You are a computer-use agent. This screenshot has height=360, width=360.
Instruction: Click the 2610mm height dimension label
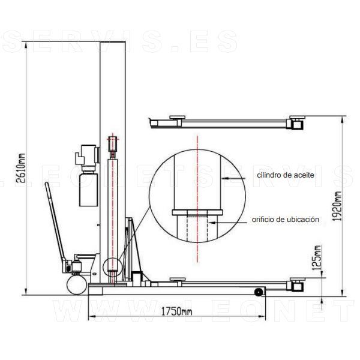[x=20, y=168]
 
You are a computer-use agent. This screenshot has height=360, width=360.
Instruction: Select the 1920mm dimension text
[x=337, y=206]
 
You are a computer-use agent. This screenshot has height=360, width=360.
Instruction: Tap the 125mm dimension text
[x=317, y=257]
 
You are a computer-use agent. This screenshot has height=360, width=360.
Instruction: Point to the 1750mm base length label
[x=176, y=311]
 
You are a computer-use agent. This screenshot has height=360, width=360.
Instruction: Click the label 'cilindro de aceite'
[x=286, y=175]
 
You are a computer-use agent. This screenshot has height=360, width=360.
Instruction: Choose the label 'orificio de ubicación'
[x=286, y=220]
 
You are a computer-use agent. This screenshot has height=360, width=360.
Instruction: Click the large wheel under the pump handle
[x=77, y=285]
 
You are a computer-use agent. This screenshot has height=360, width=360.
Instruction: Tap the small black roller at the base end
[x=259, y=292]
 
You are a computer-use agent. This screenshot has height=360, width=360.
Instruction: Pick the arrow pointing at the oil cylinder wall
[x=233, y=178]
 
